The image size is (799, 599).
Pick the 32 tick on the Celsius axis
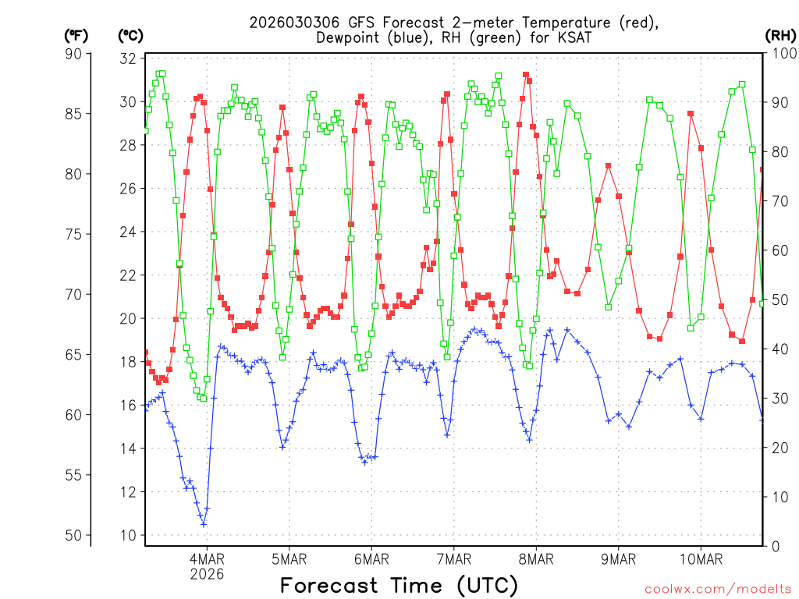pyautogui.click(x=129, y=58)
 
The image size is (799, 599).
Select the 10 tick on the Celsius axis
pyautogui.click(x=129, y=535)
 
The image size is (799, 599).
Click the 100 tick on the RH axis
pyautogui.click(x=781, y=54)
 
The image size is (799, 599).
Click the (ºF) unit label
pyautogui.click(x=76, y=35)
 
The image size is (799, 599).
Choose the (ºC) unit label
pyautogui.click(x=130, y=35)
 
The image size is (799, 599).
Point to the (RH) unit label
pyautogui.click(x=781, y=35)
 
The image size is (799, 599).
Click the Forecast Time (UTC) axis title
pyautogui.click(x=399, y=585)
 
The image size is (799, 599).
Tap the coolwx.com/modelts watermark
pyautogui.click(x=719, y=589)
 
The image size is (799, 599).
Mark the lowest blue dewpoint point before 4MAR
pyautogui.click(x=204, y=524)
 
